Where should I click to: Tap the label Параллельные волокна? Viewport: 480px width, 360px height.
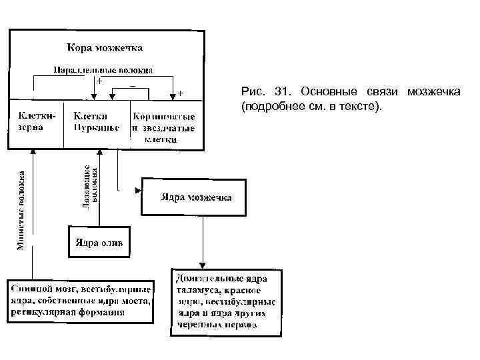pyautogui.click(x=104, y=69)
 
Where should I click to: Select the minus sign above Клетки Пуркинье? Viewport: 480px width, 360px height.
pyautogui.click(x=133, y=85)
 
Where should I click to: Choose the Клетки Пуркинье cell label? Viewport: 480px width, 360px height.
pyautogui.click(x=97, y=121)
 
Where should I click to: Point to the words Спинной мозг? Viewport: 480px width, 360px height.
pyautogui.click(x=40, y=289)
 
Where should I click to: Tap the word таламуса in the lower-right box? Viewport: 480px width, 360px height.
pyautogui.click(x=197, y=290)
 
